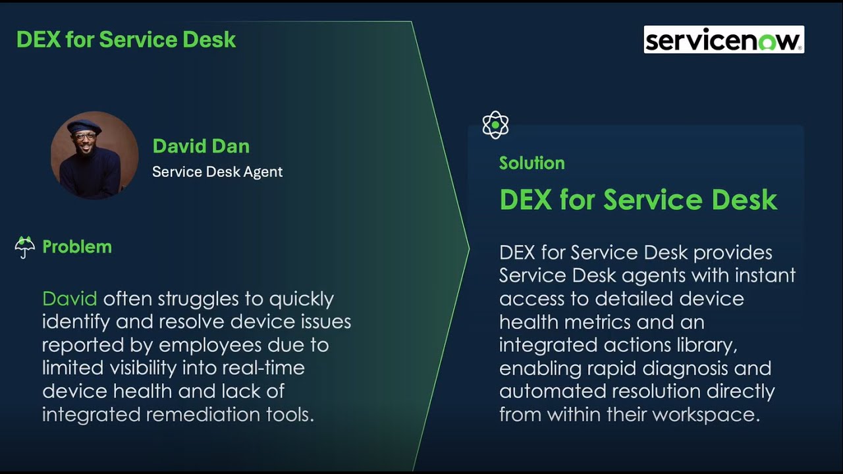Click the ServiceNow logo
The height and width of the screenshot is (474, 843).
[723, 39]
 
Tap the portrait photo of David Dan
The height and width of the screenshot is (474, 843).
[94, 155]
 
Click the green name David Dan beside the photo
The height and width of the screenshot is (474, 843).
[201, 146]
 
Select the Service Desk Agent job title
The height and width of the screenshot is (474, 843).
[217, 172]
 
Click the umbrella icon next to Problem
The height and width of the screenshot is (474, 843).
[25, 248]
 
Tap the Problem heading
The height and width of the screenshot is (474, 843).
[77, 248]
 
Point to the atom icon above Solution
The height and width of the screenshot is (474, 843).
[495, 124]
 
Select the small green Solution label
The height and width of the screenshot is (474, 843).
[531, 163]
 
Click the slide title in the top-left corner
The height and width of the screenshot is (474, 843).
[126, 39]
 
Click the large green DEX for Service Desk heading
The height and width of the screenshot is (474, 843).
[638, 199]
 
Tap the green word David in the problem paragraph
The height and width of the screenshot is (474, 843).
[69, 299]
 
